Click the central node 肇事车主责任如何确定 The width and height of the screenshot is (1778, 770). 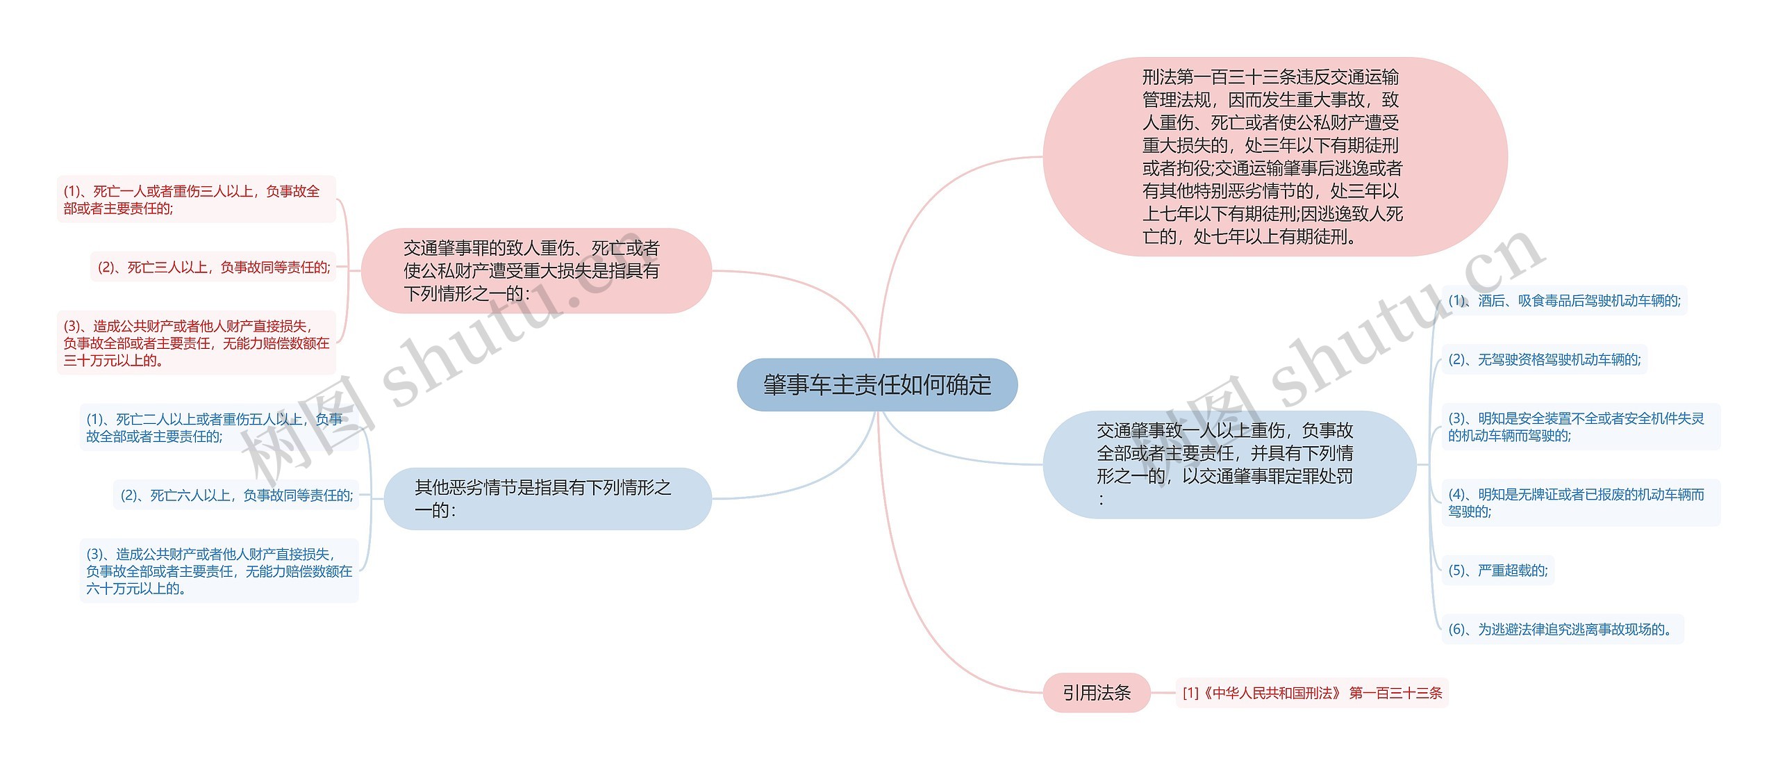[x=877, y=384]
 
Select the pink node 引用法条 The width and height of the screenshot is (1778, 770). [x=1097, y=692]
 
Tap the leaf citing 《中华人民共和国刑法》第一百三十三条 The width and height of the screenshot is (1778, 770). [x=1312, y=693]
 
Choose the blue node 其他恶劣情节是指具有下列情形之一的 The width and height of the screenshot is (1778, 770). [x=547, y=498]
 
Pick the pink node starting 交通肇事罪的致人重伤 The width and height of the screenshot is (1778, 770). [x=536, y=270]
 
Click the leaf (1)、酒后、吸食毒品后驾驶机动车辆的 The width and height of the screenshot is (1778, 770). [x=1564, y=301]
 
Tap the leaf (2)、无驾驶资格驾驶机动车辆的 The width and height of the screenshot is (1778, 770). [x=1544, y=359]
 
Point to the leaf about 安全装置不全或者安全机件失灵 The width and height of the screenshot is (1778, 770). [x=1580, y=427]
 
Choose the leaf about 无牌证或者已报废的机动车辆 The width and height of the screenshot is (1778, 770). [x=1580, y=502]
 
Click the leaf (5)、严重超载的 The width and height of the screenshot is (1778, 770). [x=1497, y=571]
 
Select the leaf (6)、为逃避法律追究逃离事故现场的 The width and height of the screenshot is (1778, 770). [x=1562, y=629]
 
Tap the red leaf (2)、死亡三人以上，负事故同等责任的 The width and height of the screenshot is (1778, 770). [x=213, y=267]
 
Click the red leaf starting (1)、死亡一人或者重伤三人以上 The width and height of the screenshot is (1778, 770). [x=196, y=199]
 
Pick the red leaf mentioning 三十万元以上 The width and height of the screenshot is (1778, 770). [x=196, y=343]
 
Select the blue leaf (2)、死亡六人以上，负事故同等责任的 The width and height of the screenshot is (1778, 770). [x=236, y=495]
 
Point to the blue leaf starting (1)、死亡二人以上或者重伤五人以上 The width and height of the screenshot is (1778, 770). [x=219, y=427]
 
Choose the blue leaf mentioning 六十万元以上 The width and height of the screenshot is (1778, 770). [x=219, y=571]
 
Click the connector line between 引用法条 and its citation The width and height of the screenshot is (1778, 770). [x=1163, y=693]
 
